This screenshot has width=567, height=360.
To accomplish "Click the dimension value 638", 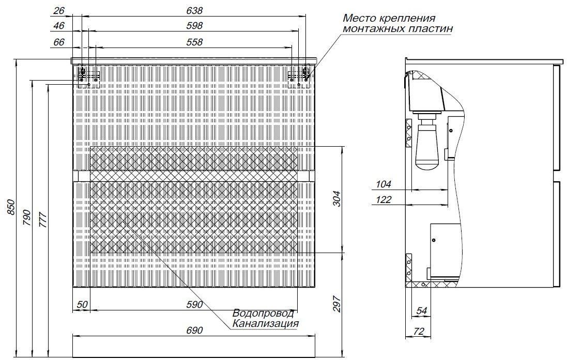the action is tap(194, 11).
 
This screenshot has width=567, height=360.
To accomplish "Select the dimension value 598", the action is tap(194, 26).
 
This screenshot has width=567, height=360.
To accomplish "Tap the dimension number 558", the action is tap(194, 42).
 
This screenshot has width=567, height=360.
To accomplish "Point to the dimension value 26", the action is tap(58, 11).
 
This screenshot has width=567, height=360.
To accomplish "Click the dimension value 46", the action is tap(58, 26).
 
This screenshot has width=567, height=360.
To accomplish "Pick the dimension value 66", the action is tap(58, 42).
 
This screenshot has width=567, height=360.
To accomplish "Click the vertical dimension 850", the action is tap(11, 207).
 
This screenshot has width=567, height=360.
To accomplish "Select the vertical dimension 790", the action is tap(27, 217).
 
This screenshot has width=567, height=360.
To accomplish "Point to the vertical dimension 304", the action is tap(336, 198).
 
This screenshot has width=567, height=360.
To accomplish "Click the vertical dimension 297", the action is tap(336, 304).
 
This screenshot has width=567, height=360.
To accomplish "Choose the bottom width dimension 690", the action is tap(194, 331).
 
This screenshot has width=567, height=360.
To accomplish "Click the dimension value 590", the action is tap(194, 305).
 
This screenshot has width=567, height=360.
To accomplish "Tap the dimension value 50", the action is tap(83, 305).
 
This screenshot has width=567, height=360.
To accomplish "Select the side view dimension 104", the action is tap(384, 184).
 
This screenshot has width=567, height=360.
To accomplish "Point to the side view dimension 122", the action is tap(384, 199).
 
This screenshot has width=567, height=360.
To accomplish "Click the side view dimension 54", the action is tap(422, 310).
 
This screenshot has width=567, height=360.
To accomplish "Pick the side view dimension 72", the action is tap(418, 332).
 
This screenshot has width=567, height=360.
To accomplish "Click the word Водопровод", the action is tap(263, 313).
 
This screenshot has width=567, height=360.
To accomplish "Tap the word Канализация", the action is tap(266, 323).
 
